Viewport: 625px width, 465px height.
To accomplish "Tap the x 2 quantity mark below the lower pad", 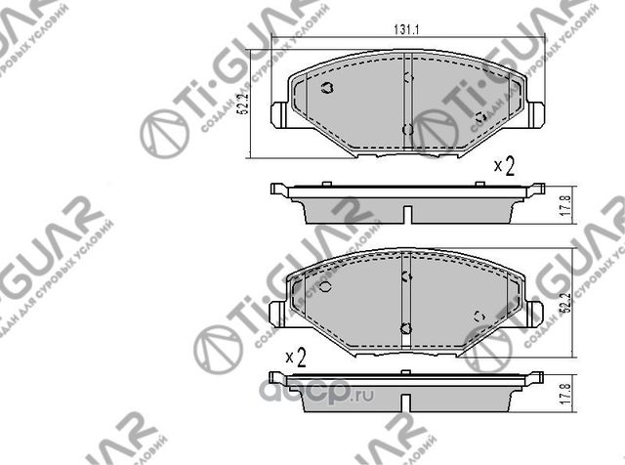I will pyautogui.click(x=296, y=359).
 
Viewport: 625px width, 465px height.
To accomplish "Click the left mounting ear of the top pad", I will pyautogui.click(x=278, y=114).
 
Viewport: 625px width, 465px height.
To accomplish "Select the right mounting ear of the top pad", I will pyautogui.click(x=535, y=114).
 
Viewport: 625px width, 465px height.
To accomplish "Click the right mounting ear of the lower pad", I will pyautogui.click(x=535, y=313).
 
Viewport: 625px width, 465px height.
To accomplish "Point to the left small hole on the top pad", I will pyautogui.click(x=327, y=89).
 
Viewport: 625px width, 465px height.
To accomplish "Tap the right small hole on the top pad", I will pyautogui.click(x=479, y=117).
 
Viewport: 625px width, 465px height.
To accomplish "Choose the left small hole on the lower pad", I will pyautogui.click(x=327, y=287).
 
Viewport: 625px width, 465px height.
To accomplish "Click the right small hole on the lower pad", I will pyautogui.click(x=479, y=315).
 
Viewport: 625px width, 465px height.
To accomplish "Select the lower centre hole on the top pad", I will pyautogui.click(x=407, y=129).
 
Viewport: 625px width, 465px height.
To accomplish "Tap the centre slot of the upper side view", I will pyautogui.click(x=407, y=212).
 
